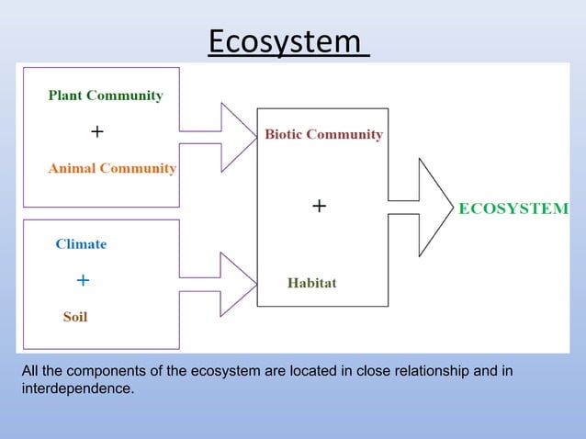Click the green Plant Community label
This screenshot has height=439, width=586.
(106, 96)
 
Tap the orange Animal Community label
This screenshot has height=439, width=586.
(112, 169)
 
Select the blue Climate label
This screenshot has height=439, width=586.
(81, 244)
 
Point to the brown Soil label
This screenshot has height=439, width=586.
(75, 318)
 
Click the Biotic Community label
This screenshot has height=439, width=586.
(323, 135)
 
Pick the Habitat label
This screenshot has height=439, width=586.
(311, 283)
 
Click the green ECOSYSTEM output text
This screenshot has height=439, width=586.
(513, 208)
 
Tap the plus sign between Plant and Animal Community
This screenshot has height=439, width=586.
(96, 132)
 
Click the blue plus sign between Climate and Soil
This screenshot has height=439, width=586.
(83, 278)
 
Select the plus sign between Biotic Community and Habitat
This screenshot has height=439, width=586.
(318, 208)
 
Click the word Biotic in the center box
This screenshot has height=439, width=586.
(285, 135)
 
